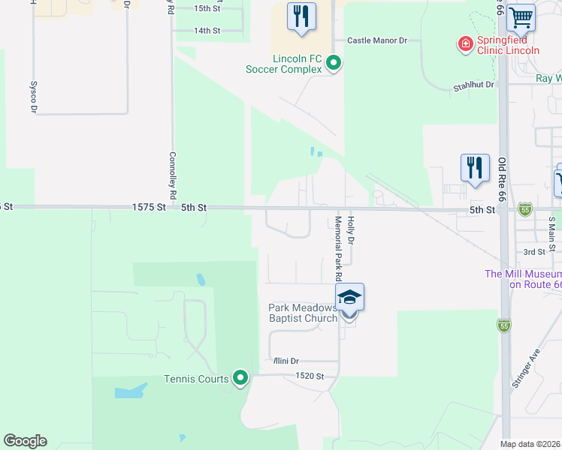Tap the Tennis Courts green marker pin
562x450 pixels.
coord(240,378)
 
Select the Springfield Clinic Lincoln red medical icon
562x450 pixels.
coord(466,44)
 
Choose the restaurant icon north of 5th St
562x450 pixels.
coord(474,167)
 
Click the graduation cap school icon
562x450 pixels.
coord(349,298)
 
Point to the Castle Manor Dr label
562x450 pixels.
coord(376,40)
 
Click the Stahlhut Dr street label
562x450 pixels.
coord(473,85)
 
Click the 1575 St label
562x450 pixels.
coord(148,207)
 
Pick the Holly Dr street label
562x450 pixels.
coord(350,229)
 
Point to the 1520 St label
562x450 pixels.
coord(310,376)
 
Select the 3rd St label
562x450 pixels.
coord(534,252)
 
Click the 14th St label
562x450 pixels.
coord(207,31)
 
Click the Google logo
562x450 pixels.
coord(25,441)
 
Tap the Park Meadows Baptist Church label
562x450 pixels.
coord(304,313)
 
